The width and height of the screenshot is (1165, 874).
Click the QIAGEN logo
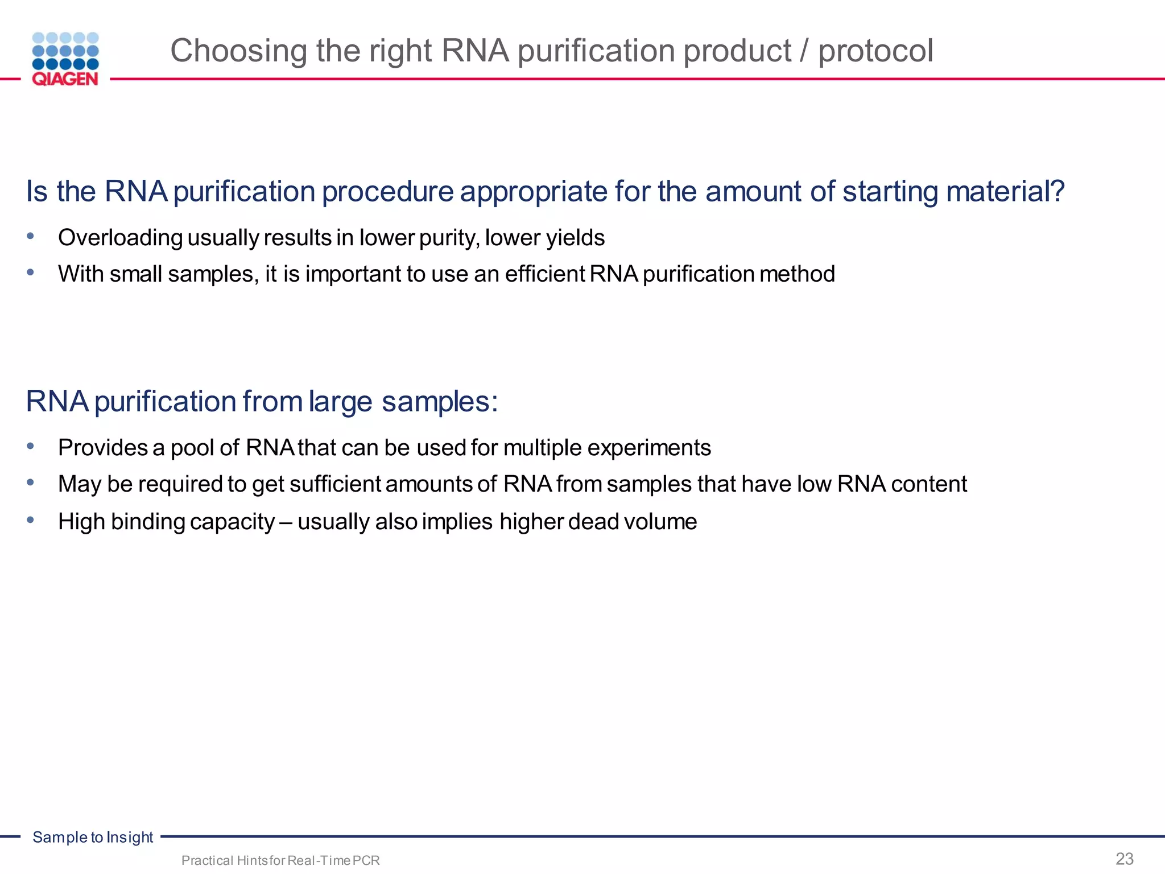[x=65, y=59]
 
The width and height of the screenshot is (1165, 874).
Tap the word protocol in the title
[x=875, y=51]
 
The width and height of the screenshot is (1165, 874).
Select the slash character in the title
[x=804, y=51]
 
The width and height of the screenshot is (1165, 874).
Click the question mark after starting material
[x=1058, y=191]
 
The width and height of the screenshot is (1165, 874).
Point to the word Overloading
[x=120, y=238]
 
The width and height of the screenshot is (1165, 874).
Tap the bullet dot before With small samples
[x=31, y=273]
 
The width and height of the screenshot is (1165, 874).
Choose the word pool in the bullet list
[x=192, y=448]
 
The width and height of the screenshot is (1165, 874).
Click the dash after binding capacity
[x=286, y=522]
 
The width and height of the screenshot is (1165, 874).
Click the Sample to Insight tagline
[x=93, y=837]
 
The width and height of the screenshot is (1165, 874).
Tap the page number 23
[x=1125, y=859]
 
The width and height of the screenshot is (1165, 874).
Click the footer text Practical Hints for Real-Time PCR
[x=280, y=860]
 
